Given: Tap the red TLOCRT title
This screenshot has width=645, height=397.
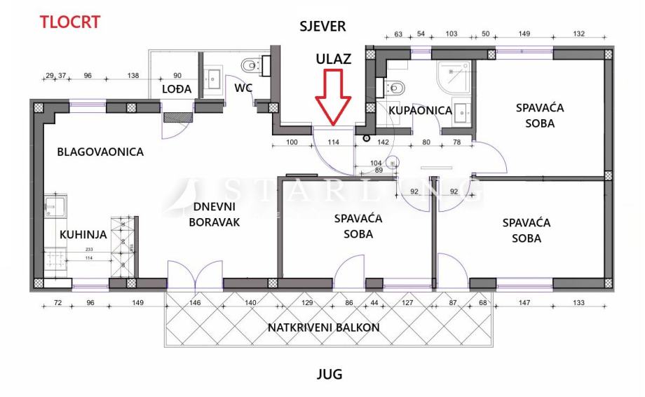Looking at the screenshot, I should pyautogui.click(x=69, y=21).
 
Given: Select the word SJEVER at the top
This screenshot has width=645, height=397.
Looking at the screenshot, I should pyautogui.click(x=322, y=27).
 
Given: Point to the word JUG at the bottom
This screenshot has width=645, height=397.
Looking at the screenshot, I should pyautogui.click(x=329, y=374).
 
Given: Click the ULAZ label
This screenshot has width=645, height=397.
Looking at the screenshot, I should pyautogui.click(x=332, y=58).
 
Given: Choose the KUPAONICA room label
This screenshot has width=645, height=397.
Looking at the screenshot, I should pyautogui.click(x=420, y=110).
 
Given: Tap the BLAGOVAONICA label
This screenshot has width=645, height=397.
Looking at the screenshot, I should pyautogui.click(x=100, y=152).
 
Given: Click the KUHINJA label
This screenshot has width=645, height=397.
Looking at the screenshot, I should pyautogui.click(x=83, y=235).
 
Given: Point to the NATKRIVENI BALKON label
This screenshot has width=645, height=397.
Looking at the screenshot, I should pyautogui.click(x=333, y=328).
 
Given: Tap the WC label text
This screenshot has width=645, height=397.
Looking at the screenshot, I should pyautogui.click(x=244, y=88).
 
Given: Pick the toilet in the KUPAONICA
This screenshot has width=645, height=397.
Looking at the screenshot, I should pyautogui.click(x=394, y=89).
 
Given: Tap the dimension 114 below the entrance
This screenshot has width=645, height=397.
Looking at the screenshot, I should pyautogui.click(x=333, y=142).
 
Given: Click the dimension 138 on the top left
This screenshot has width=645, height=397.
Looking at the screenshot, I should pyautogui.click(x=133, y=76).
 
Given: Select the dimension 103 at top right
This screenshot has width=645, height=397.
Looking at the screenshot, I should pyautogui.click(x=451, y=34).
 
